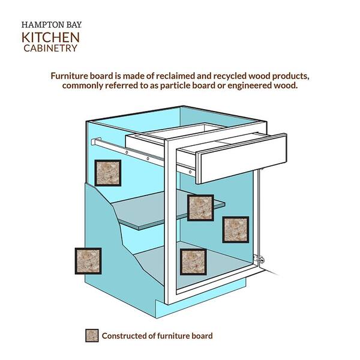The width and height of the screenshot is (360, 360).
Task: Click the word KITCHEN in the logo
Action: [50, 37]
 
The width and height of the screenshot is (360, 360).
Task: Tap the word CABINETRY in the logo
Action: [50, 48]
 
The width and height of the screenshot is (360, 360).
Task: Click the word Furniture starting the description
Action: [71, 76]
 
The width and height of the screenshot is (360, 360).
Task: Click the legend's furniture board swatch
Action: [92, 335]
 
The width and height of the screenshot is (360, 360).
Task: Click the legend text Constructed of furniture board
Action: [157, 336]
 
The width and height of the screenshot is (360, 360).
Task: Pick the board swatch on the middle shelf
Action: [200, 208]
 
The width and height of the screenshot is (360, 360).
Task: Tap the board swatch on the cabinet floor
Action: [194, 262]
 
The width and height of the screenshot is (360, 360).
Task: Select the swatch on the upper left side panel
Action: [108, 173]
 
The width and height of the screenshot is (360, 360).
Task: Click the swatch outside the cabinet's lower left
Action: [88, 261]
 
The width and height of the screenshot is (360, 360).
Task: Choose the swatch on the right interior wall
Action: [236, 229]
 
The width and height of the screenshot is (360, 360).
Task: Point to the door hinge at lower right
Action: [259, 259]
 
